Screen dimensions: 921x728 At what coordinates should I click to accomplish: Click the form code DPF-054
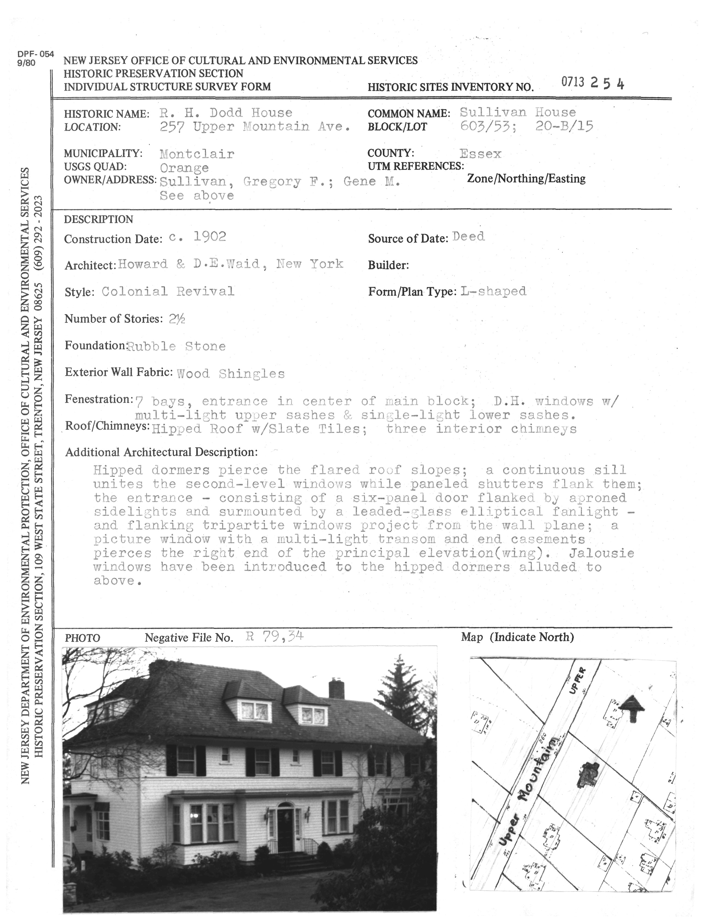(x=36, y=54)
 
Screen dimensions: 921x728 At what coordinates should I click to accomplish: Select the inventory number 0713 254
(x=592, y=83)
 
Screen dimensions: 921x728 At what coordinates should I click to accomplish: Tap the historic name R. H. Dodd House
(x=226, y=113)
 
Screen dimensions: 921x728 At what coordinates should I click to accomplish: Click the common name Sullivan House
(x=517, y=112)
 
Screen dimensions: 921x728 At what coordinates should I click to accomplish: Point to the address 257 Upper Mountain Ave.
(x=255, y=127)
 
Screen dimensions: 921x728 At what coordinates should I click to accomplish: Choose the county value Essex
(x=480, y=154)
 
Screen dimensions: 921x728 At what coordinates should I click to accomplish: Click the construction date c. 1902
(x=197, y=237)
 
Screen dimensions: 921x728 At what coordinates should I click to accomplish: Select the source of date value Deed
(x=468, y=237)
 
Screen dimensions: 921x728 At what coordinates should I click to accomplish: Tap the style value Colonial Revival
(x=168, y=292)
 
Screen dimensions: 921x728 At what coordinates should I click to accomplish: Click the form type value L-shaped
(x=493, y=291)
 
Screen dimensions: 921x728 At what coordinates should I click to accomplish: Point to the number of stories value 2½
(x=176, y=319)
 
